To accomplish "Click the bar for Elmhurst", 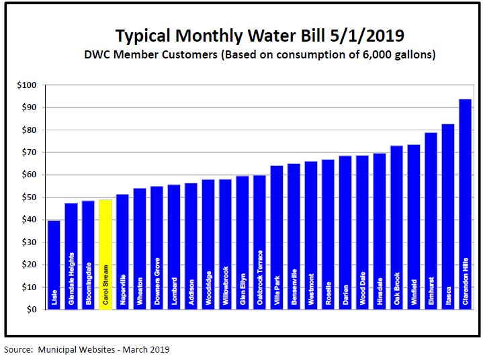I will [431, 221].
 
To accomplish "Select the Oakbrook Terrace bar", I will [259, 242].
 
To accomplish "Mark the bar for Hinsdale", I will [380, 231].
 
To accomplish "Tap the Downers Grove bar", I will [157, 248].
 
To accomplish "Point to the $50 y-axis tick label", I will [28, 197].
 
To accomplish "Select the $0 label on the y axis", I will [32, 310].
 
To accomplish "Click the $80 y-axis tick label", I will [28, 130].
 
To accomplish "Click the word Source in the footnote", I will [18, 349].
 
